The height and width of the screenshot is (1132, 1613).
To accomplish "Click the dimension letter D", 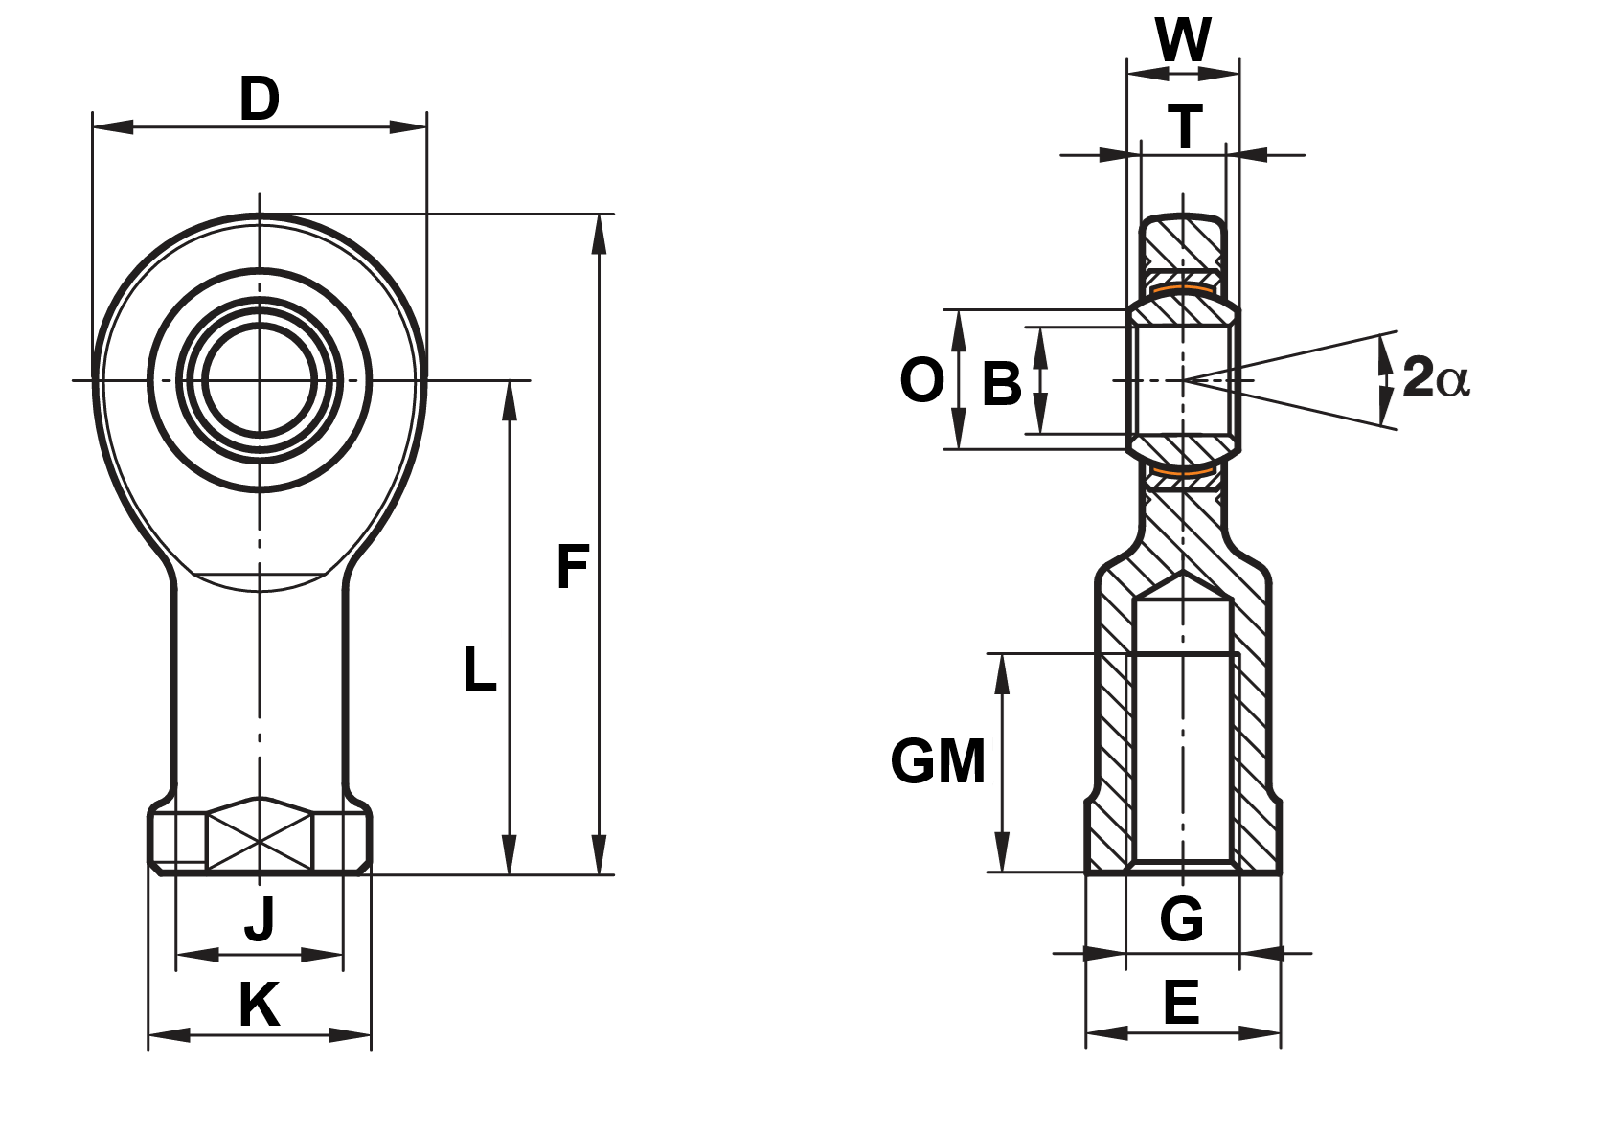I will (x=259, y=100).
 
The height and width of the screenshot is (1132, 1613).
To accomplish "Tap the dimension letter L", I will (x=479, y=669).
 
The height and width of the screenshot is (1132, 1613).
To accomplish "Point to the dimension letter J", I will (x=260, y=917).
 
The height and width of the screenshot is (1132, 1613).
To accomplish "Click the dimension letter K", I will (x=259, y=1005).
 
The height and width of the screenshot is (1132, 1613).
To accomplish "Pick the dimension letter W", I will (x=1183, y=40).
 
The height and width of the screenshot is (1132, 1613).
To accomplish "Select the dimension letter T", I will (x=1185, y=127).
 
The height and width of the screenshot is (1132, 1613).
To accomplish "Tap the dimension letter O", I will (x=921, y=380).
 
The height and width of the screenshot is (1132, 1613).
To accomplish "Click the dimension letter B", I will (x=1002, y=384).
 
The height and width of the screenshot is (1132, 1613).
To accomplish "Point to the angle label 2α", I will (x=1435, y=377).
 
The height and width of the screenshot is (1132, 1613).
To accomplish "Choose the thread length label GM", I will (x=938, y=762).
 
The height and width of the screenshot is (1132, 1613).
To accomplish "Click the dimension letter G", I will (x=1181, y=919).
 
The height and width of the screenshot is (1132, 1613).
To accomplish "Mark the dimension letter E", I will (x=1181, y=1003).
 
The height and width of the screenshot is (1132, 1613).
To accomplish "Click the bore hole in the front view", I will (x=260, y=380).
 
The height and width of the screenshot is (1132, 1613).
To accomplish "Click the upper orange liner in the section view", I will (x=1183, y=287).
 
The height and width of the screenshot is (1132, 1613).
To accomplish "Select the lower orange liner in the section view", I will (x=1183, y=471).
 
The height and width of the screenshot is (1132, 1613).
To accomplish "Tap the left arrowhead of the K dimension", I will (x=167, y=1034).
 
